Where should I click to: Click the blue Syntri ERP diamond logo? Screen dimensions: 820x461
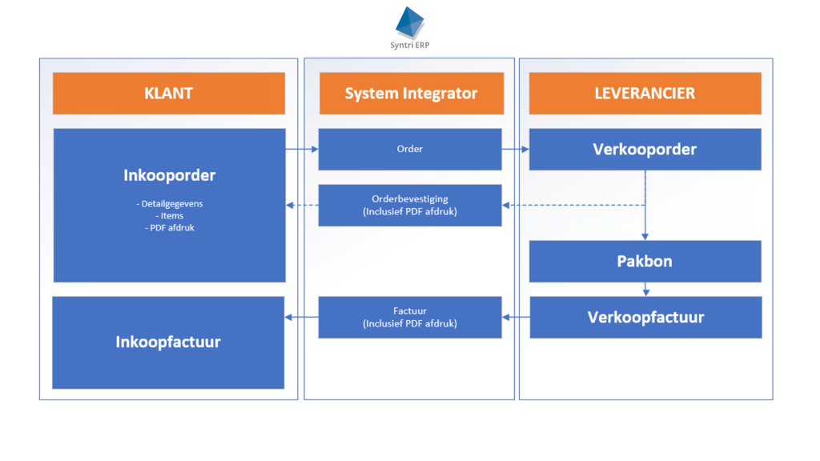point(409,22)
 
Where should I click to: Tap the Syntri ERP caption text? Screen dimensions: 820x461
point(409,46)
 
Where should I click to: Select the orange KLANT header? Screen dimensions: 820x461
point(169,94)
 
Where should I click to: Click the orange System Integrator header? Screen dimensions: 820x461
point(412,94)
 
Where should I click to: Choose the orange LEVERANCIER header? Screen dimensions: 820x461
point(645,94)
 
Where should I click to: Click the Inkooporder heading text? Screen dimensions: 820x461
point(170,175)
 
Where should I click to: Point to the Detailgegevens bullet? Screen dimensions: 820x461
point(170,204)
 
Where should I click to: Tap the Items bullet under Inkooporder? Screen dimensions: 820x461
point(170,216)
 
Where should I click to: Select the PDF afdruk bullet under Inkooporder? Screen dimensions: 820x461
point(170,228)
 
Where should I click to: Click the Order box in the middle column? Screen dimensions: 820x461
point(410,150)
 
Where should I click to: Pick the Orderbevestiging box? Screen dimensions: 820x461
point(410,206)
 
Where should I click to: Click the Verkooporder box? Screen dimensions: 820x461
point(645,150)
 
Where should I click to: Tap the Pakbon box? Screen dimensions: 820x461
point(645,262)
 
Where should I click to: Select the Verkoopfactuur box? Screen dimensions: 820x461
point(645,317)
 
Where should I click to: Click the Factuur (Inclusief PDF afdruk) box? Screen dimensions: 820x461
point(410,317)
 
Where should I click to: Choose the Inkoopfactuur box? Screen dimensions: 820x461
point(168,343)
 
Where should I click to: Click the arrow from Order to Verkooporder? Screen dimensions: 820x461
point(515,150)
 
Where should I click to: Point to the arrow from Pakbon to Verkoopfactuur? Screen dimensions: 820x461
point(646,290)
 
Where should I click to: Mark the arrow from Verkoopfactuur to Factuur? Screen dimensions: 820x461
point(516,317)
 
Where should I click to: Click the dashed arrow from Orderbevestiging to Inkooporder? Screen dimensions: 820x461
point(302,206)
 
